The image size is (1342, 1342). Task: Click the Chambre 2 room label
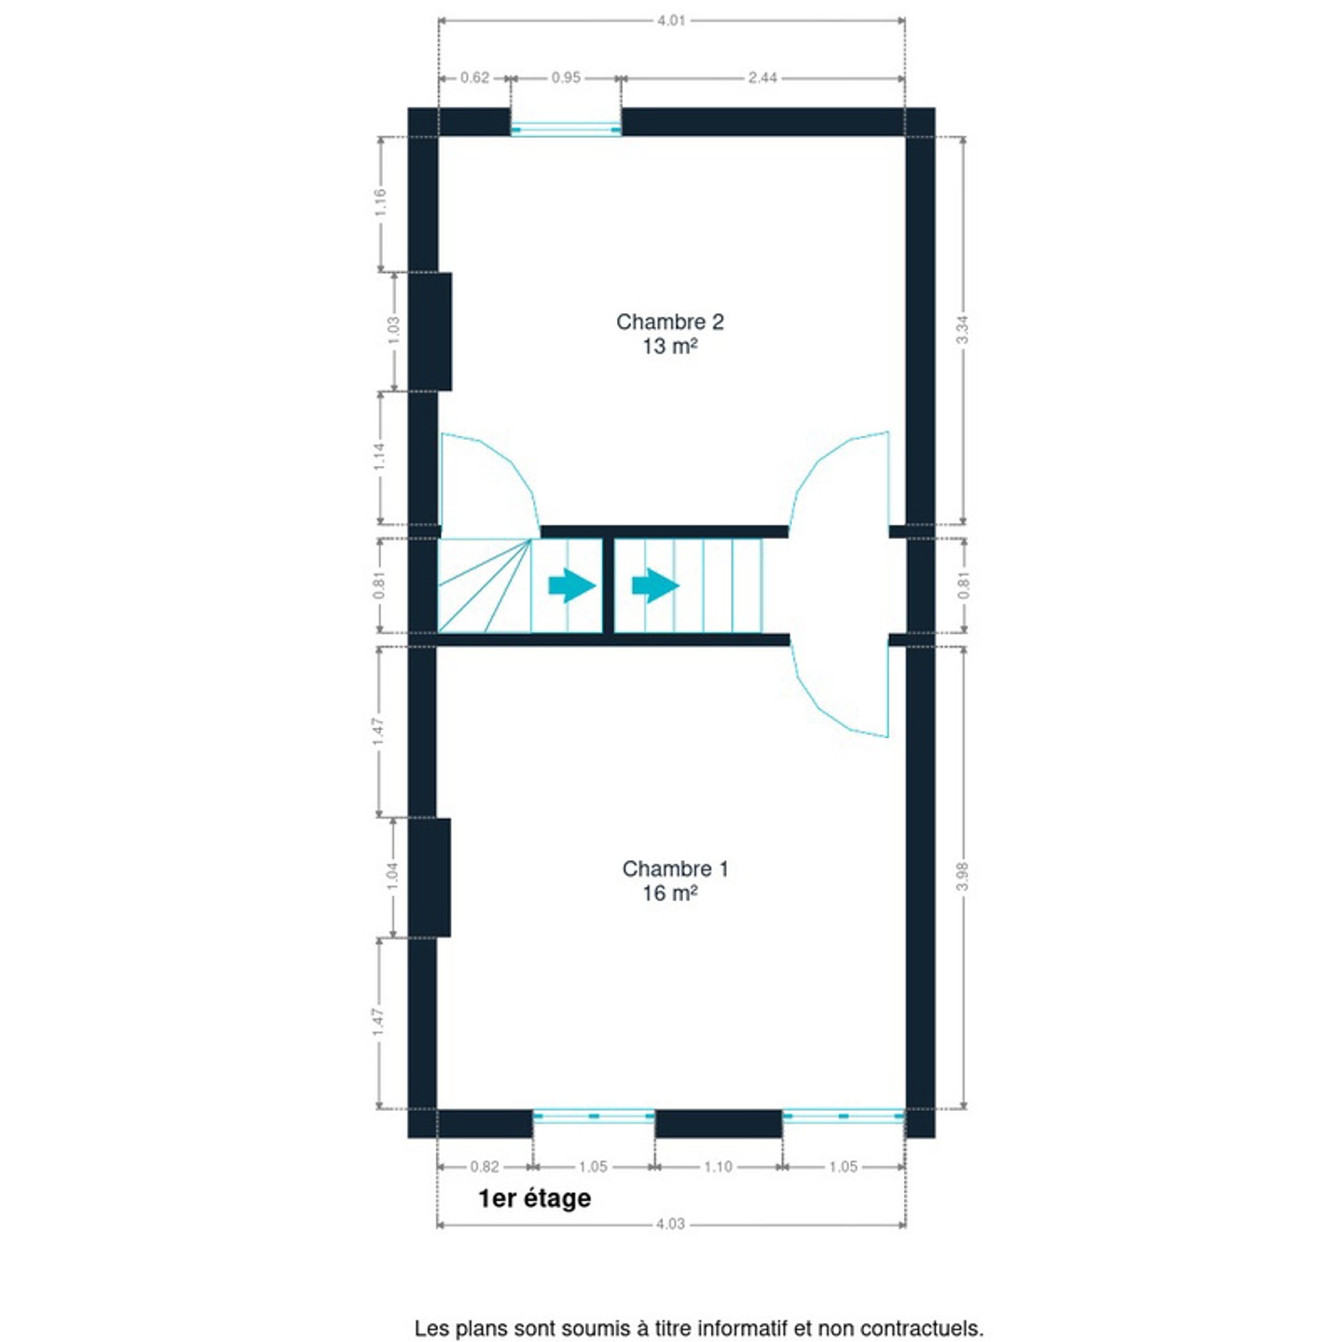click(x=669, y=322)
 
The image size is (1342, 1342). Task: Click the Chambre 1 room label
click(x=675, y=869)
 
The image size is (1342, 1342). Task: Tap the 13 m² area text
click(x=669, y=347)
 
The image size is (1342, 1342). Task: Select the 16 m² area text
click(x=669, y=893)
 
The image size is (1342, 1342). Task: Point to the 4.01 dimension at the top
click(x=670, y=20)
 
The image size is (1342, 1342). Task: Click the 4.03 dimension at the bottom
click(x=670, y=1224)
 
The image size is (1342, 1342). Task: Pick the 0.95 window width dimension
click(x=566, y=77)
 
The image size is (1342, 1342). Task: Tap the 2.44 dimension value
click(x=762, y=77)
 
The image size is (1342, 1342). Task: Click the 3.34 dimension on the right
click(x=963, y=330)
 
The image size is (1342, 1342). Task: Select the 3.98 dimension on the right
click(x=963, y=876)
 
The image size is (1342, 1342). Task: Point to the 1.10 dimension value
click(x=718, y=1167)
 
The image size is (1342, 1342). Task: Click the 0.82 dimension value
click(x=485, y=1167)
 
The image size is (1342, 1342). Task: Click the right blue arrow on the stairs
click(x=655, y=586)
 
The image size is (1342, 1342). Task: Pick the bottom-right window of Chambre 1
click(x=842, y=1116)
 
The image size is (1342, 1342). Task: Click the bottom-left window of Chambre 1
click(x=594, y=1116)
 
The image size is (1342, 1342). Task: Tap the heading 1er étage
click(x=534, y=1198)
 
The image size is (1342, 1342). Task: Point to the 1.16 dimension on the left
click(x=380, y=202)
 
